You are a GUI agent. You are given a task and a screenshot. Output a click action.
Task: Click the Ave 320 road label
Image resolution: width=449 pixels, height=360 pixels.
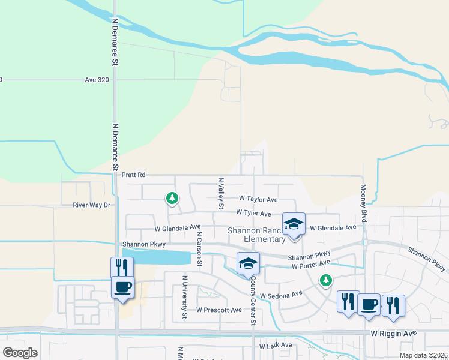97,79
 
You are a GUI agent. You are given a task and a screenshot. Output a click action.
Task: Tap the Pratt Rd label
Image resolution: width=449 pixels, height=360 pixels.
133,175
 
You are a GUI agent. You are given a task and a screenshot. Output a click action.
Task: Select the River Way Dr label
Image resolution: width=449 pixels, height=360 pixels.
92,205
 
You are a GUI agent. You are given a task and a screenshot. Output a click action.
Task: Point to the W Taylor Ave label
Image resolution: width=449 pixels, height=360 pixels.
258,199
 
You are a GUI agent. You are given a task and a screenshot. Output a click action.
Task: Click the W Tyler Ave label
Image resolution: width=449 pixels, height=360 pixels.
253,213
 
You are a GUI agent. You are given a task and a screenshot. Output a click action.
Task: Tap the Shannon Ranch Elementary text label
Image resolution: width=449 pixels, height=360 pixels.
256,235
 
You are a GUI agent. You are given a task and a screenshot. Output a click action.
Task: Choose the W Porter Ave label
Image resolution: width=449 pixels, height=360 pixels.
311,264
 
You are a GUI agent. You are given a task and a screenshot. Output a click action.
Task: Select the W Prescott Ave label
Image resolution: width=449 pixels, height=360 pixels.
219,310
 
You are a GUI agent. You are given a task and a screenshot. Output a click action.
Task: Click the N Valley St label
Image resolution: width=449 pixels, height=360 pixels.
221,193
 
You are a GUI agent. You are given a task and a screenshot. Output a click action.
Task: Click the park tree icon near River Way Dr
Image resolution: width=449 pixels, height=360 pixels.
172,197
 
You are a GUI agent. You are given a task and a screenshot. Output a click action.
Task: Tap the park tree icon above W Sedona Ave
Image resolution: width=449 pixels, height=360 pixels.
325,280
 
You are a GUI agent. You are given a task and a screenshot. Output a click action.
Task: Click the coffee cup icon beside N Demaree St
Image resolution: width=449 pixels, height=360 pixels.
123,287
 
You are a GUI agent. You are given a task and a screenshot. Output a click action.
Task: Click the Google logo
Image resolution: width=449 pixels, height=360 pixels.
20,352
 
